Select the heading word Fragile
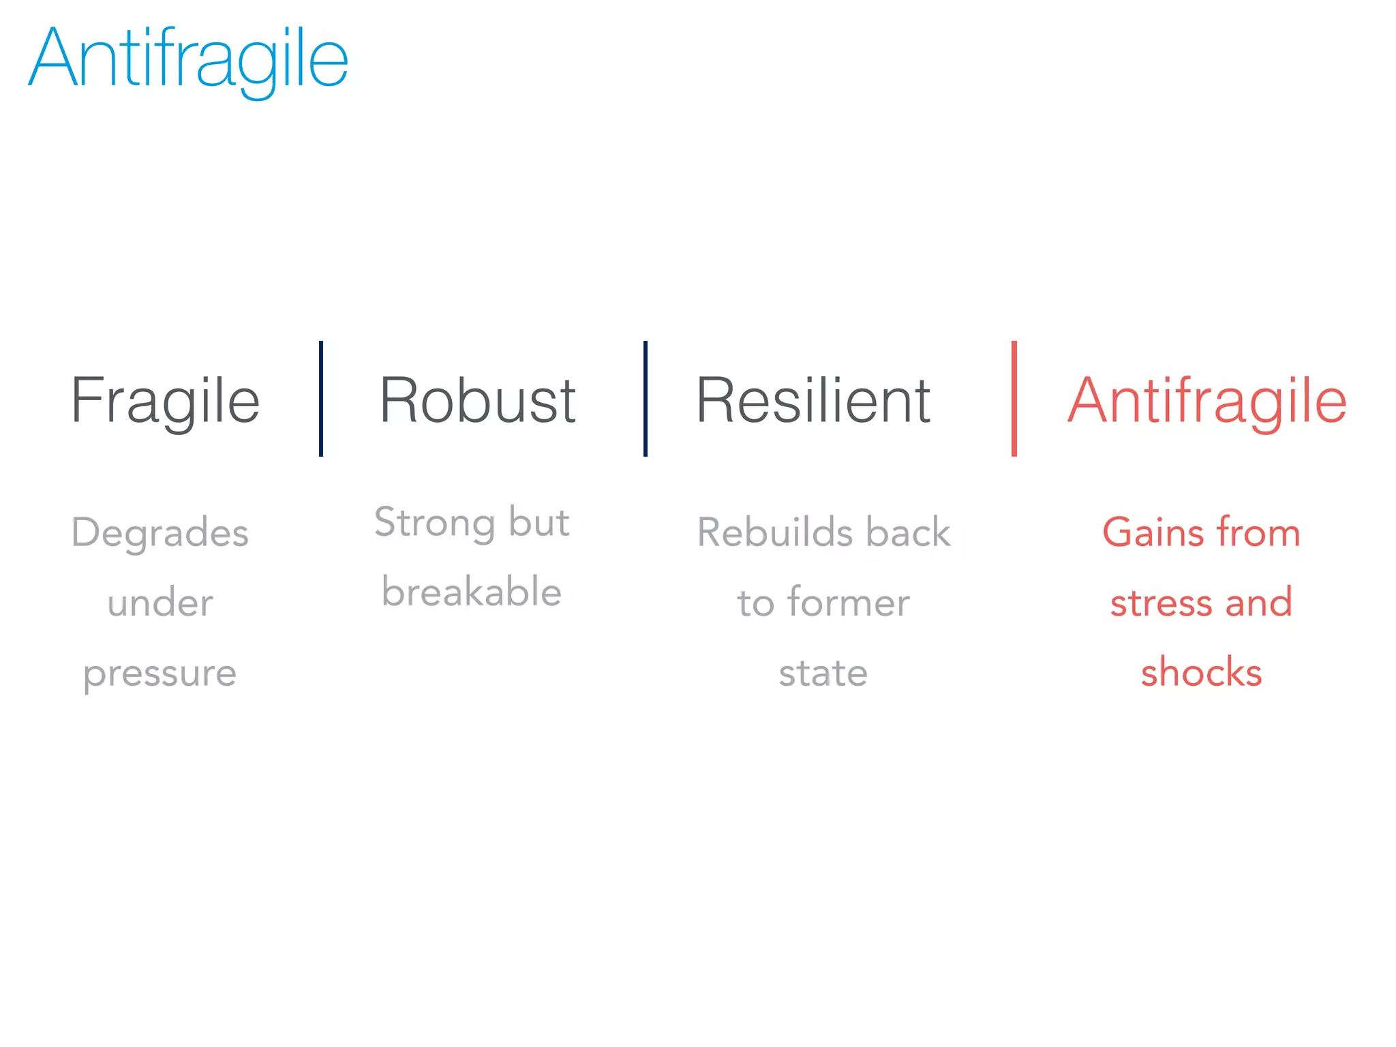[165, 401]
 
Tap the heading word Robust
[477, 401]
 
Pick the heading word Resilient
[813, 401]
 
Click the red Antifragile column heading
[1207, 401]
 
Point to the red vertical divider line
[1014, 399]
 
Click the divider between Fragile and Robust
[321, 399]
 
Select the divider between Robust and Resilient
[646, 399]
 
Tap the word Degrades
[160, 533]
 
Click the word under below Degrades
[160, 603]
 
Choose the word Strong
[434, 523]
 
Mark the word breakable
[472, 592]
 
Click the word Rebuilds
[775, 532]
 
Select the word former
[849, 603]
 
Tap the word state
[823, 673]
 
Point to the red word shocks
[1201, 673]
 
